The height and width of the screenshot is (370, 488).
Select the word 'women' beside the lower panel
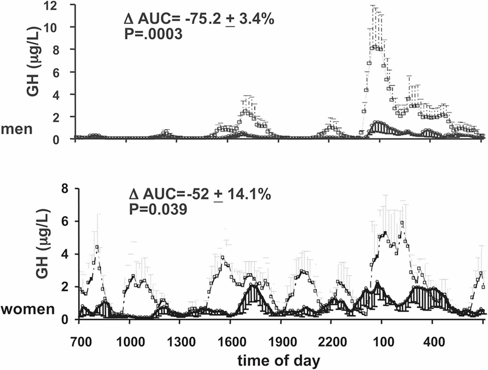[x=26, y=310]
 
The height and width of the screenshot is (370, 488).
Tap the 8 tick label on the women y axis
[x=64, y=189]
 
